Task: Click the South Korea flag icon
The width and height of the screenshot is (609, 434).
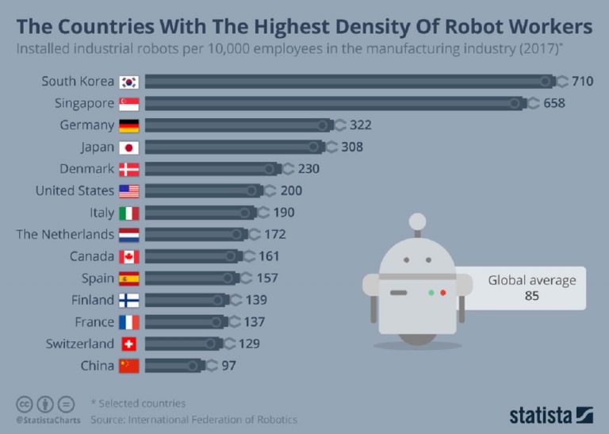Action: pyautogui.click(x=128, y=82)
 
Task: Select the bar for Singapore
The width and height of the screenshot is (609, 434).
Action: pyautogui.click(x=333, y=103)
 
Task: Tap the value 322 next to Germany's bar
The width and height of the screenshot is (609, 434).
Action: pyautogui.click(x=361, y=125)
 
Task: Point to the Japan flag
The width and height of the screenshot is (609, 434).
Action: pyautogui.click(x=128, y=148)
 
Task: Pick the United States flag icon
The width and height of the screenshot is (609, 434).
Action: pyautogui.click(x=128, y=191)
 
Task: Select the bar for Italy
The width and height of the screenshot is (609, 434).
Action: pyautogui.click(x=198, y=213)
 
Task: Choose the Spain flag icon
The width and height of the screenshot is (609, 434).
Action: pyautogui.click(x=128, y=278)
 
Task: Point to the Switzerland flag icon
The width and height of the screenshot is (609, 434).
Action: pyautogui.click(x=128, y=344)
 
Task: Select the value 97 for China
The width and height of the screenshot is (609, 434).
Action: pyautogui.click(x=228, y=366)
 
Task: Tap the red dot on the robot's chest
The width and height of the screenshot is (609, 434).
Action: pyautogui.click(x=443, y=293)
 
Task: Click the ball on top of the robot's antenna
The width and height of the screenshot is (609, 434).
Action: pyautogui.click(x=416, y=219)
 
